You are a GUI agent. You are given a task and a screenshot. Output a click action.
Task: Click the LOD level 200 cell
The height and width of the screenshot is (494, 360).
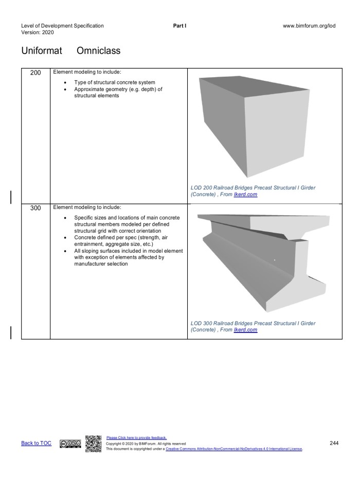[x=35, y=73]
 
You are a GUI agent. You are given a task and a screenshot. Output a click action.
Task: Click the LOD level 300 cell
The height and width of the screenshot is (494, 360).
[x=35, y=209]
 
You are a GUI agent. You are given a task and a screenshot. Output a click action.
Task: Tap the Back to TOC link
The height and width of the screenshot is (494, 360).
[x=36, y=444]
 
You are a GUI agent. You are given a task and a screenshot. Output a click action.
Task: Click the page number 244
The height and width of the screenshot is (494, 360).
[x=334, y=443]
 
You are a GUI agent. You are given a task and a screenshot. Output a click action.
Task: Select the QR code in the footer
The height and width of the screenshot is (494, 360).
[x=93, y=444]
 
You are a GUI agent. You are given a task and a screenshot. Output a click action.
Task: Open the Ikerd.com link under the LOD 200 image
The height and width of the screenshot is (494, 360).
[x=245, y=195]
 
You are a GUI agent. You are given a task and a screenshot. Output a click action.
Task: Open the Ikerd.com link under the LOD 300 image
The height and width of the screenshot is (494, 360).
[x=245, y=330]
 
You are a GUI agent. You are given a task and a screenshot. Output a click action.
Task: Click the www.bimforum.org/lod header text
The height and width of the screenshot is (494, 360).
[x=309, y=26]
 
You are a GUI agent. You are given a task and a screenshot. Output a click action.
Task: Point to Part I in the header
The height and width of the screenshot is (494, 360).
[x=180, y=26]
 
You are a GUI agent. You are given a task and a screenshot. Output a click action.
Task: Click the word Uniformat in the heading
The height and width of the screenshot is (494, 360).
[x=42, y=51]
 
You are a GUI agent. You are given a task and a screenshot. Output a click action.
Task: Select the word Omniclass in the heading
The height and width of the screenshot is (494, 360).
[x=98, y=51]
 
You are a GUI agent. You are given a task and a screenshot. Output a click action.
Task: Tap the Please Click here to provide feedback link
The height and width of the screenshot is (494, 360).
[x=136, y=438]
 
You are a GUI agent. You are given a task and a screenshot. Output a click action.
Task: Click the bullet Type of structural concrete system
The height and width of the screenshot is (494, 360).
[x=114, y=82]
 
